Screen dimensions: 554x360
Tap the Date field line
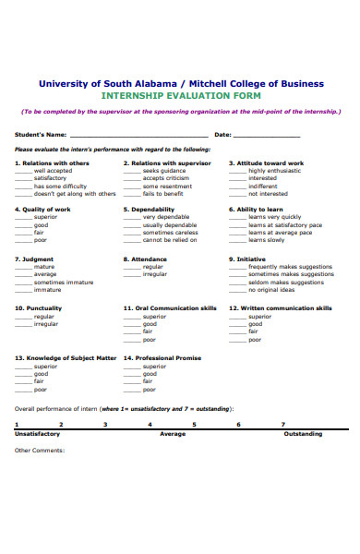pos(267,136)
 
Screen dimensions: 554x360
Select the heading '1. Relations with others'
pos(52,163)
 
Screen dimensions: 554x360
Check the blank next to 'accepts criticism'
pos(132,178)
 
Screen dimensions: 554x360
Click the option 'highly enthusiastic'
pos(274,171)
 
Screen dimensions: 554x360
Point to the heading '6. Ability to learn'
pos(257,209)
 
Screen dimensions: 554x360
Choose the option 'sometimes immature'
pos(63,282)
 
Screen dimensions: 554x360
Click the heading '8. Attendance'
pos(145,259)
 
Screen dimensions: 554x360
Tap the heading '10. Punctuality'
pos(39,307)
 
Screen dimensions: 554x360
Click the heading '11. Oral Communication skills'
pos(170,307)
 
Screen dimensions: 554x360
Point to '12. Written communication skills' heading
pos(281,307)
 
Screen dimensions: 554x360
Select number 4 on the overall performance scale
pos(150,425)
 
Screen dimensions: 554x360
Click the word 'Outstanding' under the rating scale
pos(303,434)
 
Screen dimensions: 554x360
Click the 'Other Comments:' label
pos(40,451)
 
